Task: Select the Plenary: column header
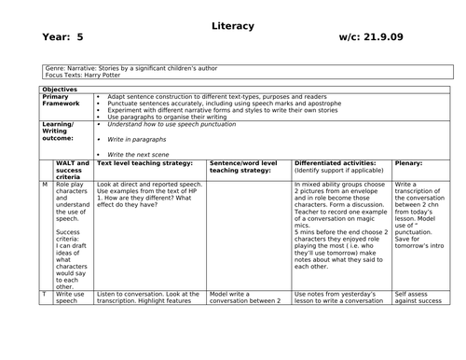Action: click(x=408, y=162)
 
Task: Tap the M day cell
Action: click(x=45, y=185)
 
